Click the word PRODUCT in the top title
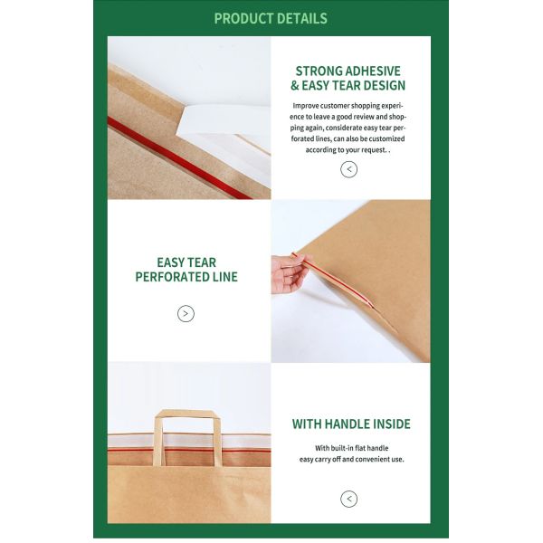click(243, 18)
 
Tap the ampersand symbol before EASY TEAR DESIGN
click(295, 86)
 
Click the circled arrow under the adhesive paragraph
click(348, 169)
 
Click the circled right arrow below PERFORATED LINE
click(186, 314)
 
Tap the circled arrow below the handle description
click(348, 499)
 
